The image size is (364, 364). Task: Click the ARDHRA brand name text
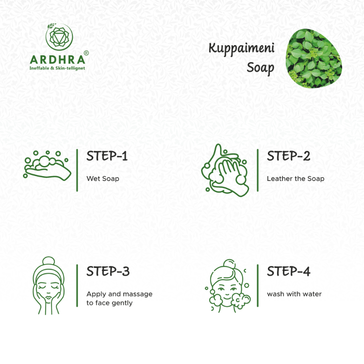pyautogui.click(x=58, y=60)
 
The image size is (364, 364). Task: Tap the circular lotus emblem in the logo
pyautogui.click(x=59, y=37)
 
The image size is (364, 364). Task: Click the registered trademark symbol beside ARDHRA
pyautogui.click(x=86, y=53)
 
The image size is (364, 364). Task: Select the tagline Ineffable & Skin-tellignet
pyautogui.click(x=57, y=68)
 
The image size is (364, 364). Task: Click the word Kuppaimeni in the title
pyautogui.click(x=241, y=49)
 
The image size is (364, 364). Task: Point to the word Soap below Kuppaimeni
pyautogui.click(x=261, y=68)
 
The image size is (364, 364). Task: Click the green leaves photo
pyautogui.click(x=314, y=59)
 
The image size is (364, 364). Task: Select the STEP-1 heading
pyautogui.click(x=107, y=156)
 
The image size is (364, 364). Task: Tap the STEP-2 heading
pyautogui.click(x=289, y=156)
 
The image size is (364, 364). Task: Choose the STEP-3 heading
pyautogui.click(x=108, y=271)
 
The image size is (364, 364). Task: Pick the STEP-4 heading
pyautogui.click(x=289, y=271)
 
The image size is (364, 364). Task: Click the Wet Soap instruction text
pyautogui.click(x=103, y=179)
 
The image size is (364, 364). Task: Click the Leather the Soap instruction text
pyautogui.click(x=296, y=179)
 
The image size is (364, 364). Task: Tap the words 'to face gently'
pyautogui.click(x=110, y=303)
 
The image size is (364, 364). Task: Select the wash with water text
pyautogui.click(x=295, y=294)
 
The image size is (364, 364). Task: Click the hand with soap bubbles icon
pyautogui.click(x=47, y=165)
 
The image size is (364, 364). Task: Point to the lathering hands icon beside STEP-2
pyautogui.click(x=225, y=170)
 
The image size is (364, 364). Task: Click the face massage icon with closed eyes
pyautogui.click(x=49, y=285)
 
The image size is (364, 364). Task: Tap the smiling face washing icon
pyautogui.click(x=228, y=286)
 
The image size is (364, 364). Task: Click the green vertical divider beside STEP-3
pyautogui.click(x=77, y=285)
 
